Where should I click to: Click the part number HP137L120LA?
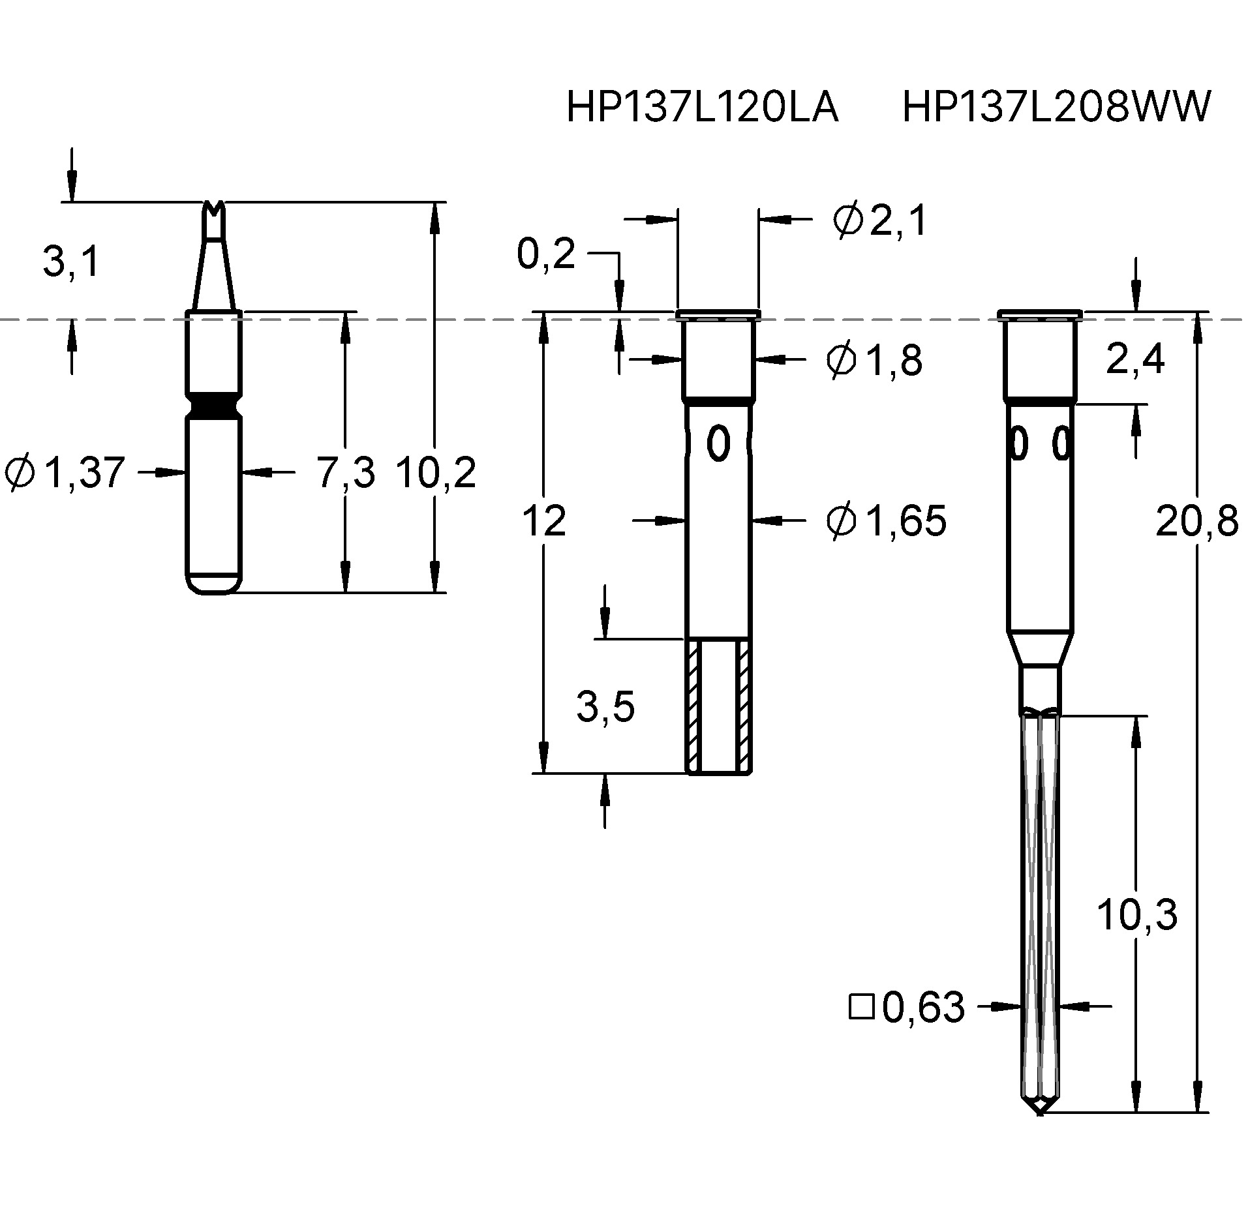702,107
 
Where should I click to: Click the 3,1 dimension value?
71,262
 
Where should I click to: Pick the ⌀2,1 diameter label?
879,220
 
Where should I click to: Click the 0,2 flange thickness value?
546,254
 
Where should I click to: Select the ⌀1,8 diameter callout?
874,360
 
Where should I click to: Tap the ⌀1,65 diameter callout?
886,521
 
